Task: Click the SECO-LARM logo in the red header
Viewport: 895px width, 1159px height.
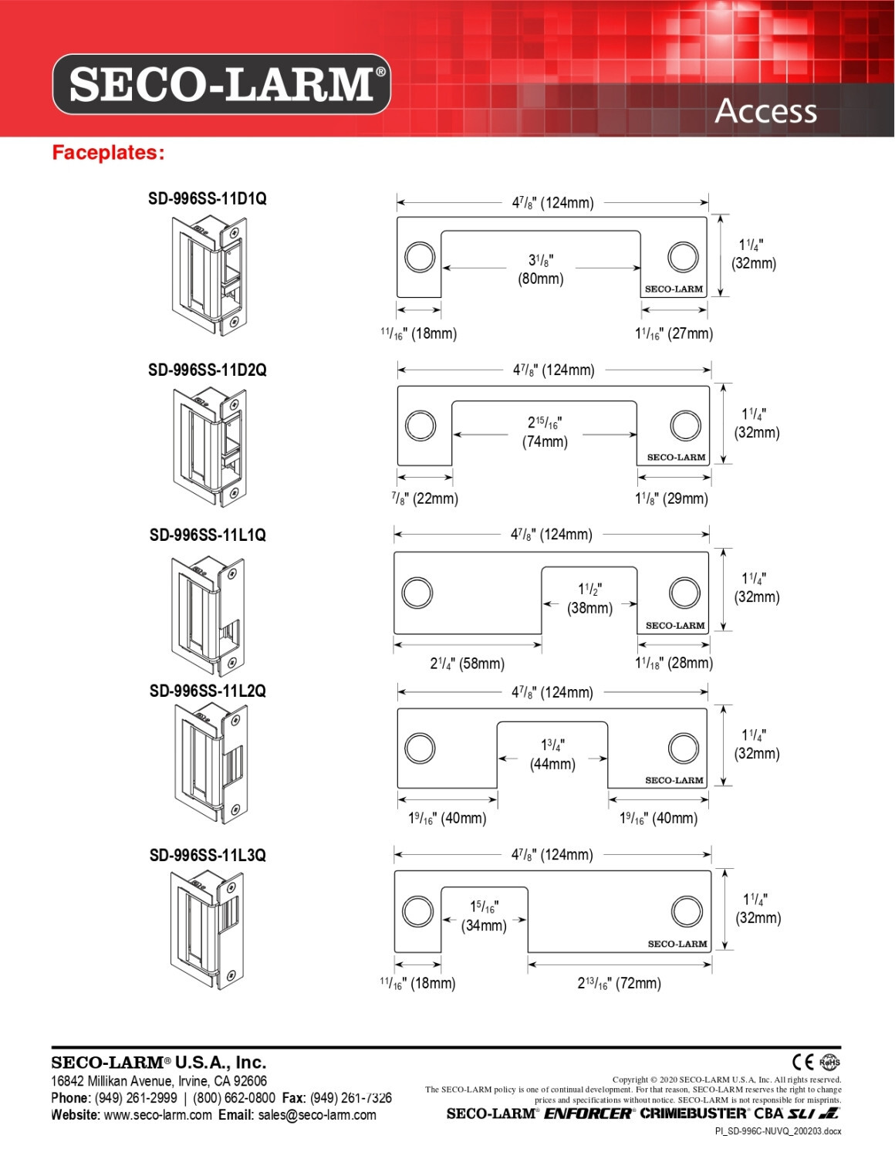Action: pyautogui.click(x=221, y=84)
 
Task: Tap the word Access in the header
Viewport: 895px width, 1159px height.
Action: pyautogui.click(x=765, y=111)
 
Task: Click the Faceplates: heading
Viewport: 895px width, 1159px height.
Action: pyautogui.click(x=108, y=153)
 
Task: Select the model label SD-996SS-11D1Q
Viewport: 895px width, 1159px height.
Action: pyautogui.click(x=208, y=198)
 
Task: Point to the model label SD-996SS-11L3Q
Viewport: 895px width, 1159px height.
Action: pyautogui.click(x=208, y=855)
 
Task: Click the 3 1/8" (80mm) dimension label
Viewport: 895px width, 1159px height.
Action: pyautogui.click(x=541, y=269)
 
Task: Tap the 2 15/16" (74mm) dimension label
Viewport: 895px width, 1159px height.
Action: pyautogui.click(x=545, y=432)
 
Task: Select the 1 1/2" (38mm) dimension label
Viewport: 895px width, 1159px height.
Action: pyautogui.click(x=590, y=599)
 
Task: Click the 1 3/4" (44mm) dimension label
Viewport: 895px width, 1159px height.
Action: pyautogui.click(x=552, y=755)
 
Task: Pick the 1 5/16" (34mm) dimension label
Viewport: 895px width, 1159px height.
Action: pyautogui.click(x=485, y=916)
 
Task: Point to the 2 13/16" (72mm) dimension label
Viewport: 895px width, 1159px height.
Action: pyautogui.click(x=620, y=983)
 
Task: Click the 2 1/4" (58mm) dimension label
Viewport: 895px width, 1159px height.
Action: pyautogui.click(x=468, y=664)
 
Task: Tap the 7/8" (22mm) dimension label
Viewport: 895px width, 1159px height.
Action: pyautogui.click(x=425, y=498)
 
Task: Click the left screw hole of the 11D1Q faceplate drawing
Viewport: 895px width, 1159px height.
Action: pyautogui.click(x=420, y=257)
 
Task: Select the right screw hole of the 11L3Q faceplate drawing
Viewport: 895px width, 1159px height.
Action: pyautogui.click(x=687, y=911)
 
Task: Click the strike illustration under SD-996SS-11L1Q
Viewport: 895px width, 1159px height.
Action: pyautogui.click(x=208, y=613)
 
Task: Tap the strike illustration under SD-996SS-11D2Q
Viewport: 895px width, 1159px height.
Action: pyautogui.click(x=209, y=447)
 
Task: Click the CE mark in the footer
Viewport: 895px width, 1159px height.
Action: pyautogui.click(x=803, y=1063)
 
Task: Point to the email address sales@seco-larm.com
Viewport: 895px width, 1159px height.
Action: pyautogui.click(x=317, y=1115)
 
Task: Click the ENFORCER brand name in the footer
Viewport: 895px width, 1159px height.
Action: pyautogui.click(x=588, y=1113)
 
